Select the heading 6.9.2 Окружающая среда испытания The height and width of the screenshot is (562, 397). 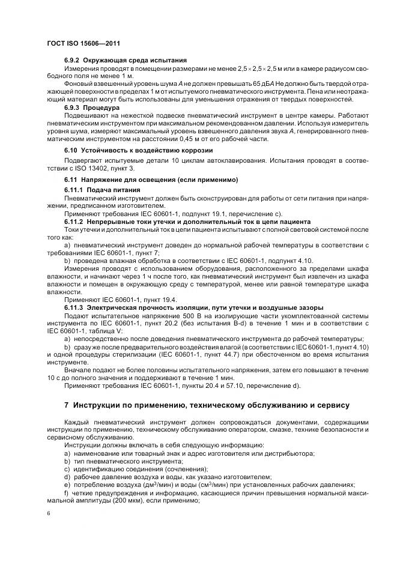pyautogui.click(x=125, y=61)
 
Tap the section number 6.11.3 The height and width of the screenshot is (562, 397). pyautogui.click(x=74, y=308)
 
